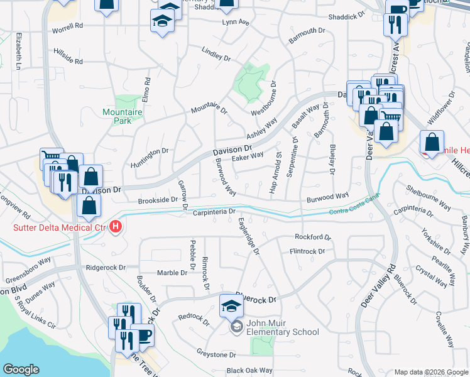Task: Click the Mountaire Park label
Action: (x=123, y=117)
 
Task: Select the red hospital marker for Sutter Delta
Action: (x=116, y=227)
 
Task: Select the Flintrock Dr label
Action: (x=307, y=251)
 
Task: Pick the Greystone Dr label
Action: (x=215, y=355)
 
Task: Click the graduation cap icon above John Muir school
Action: (x=231, y=308)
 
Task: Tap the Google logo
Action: (x=21, y=369)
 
